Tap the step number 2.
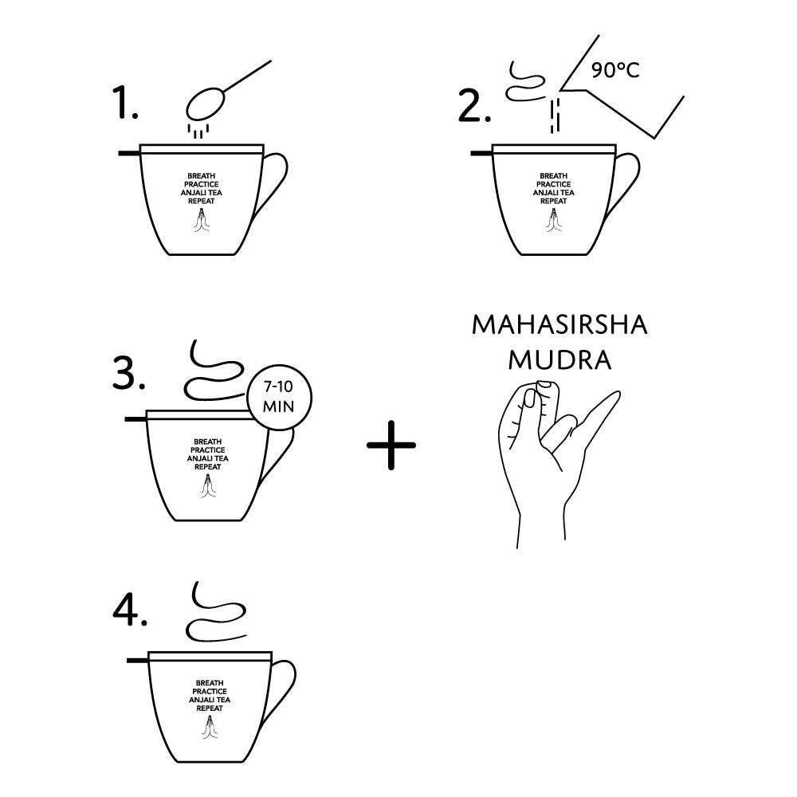[x=473, y=106]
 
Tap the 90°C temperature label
[x=615, y=69]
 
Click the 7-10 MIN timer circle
[x=279, y=397]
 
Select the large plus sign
[x=391, y=445]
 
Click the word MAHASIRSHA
[x=559, y=325]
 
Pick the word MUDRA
[x=559, y=360]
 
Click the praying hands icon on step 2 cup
[x=553, y=219]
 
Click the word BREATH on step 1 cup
[x=202, y=176]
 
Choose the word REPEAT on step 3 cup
[x=208, y=466]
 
